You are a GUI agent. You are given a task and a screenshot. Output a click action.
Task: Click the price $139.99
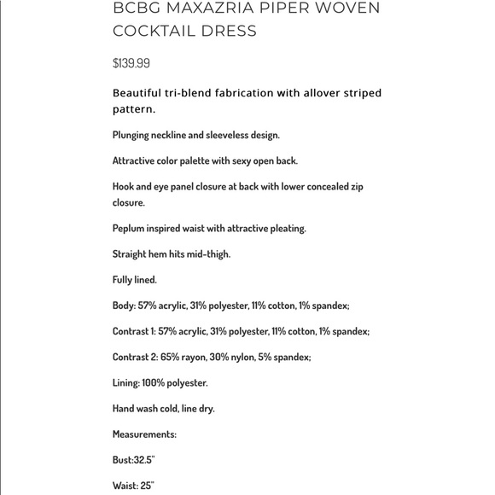click(131, 63)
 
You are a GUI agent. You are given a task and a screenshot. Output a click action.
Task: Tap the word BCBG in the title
click(134, 9)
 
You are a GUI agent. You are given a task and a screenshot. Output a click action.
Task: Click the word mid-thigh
click(208, 254)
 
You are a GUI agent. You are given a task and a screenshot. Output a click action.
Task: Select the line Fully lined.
click(135, 280)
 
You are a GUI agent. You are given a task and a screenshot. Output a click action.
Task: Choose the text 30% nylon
click(234, 357)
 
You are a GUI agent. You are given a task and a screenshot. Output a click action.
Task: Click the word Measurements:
click(144, 434)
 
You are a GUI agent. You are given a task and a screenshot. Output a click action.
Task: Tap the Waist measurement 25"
click(147, 486)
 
